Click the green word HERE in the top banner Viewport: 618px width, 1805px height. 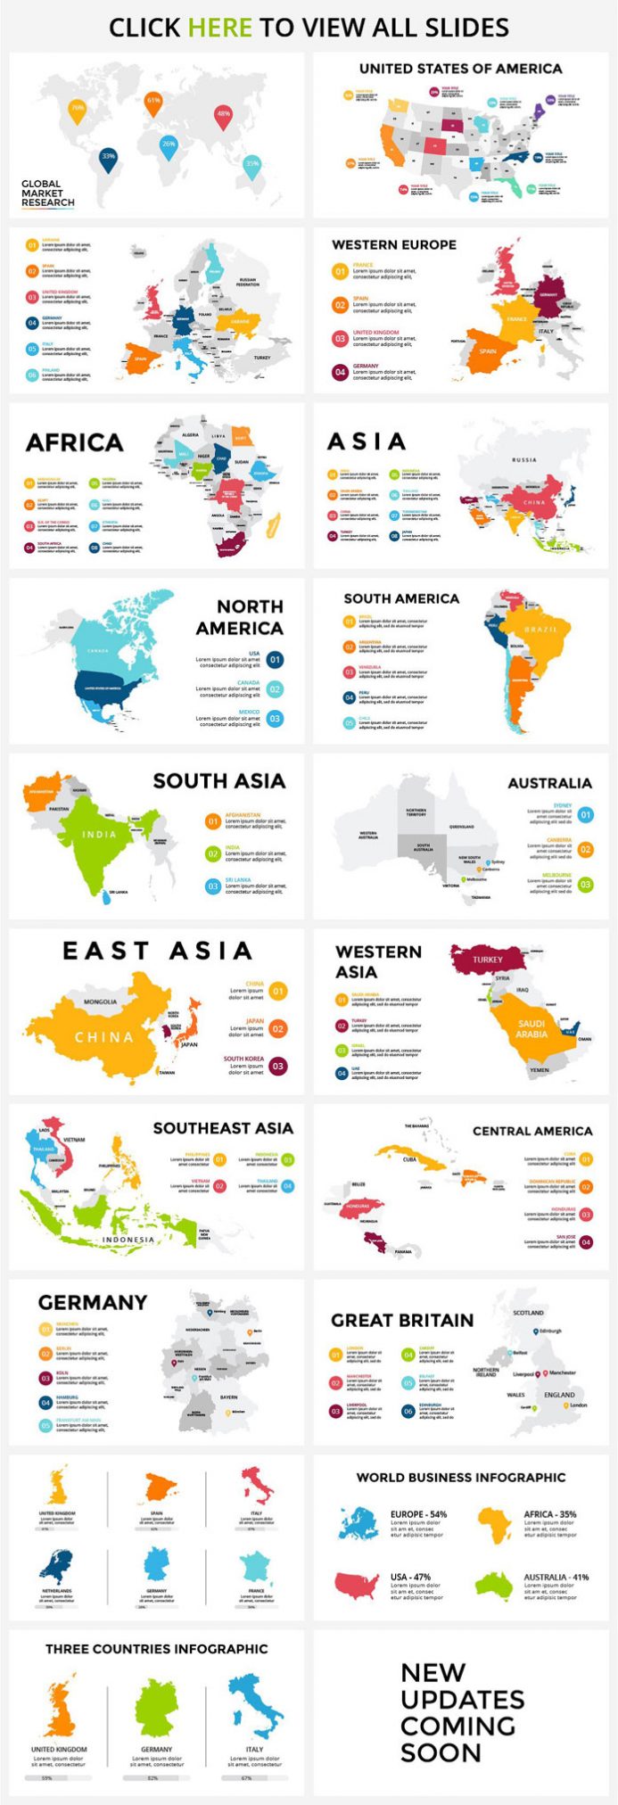(219, 28)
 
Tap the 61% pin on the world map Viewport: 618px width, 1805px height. (153, 102)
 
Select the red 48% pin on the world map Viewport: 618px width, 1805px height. (223, 114)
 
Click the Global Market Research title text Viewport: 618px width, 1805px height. (48, 194)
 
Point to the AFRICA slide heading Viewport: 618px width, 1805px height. (74, 442)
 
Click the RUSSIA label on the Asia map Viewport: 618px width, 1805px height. (524, 460)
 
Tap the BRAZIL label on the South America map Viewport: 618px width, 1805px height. (540, 629)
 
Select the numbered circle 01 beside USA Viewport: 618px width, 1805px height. (275, 660)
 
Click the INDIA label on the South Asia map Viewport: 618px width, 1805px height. (99, 835)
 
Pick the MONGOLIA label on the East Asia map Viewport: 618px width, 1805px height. (100, 1001)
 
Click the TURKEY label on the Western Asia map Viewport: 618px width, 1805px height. (488, 960)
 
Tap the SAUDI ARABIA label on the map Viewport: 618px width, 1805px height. (531, 1028)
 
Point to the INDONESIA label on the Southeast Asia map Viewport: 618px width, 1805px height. (128, 1240)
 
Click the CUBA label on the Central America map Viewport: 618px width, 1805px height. (409, 1159)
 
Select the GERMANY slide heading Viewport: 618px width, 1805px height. (92, 1302)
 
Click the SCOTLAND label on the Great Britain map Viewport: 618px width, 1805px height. (528, 1313)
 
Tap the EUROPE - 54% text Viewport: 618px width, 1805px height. (418, 1514)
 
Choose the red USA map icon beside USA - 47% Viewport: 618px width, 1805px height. (357, 1585)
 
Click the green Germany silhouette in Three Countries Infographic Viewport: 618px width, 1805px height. (157, 1709)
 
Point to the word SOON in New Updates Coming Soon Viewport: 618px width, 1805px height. (441, 1752)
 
